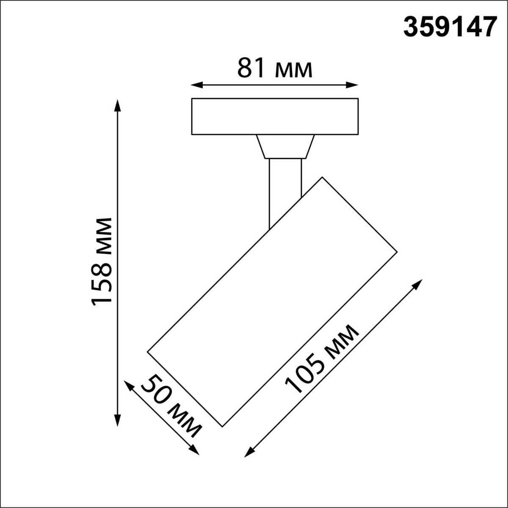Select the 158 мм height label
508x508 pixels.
[102, 260]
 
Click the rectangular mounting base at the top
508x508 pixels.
[275, 116]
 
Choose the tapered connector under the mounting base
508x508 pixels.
[285, 146]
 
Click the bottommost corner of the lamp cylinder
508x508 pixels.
[222, 426]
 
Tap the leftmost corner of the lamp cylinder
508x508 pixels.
[148, 351]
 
